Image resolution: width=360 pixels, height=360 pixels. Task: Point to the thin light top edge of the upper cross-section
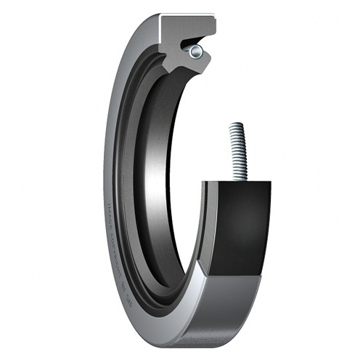(187, 17)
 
